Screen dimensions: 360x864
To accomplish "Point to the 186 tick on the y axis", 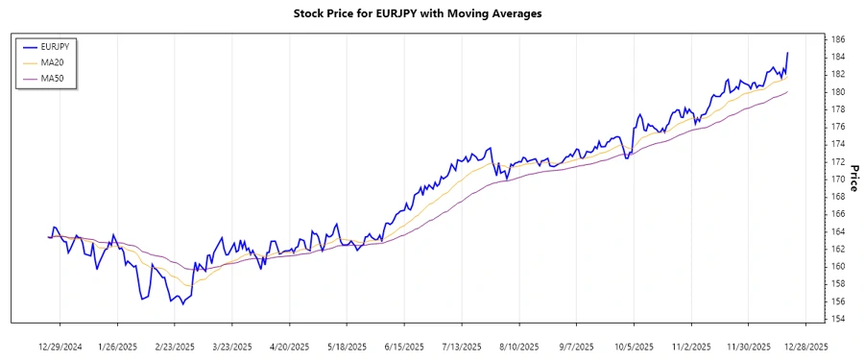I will pos(838,39).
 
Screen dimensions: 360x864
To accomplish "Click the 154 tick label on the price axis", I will pos(838,319).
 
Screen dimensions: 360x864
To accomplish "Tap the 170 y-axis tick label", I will pos(838,180).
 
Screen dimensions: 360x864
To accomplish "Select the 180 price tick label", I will pos(838,92).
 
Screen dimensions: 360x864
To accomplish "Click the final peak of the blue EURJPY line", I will pos(787,53).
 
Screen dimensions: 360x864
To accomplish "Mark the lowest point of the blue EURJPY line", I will pos(182,304).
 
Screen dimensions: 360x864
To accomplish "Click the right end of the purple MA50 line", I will pos(787,92).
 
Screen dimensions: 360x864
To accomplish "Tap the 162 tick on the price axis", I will pos(838,249).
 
